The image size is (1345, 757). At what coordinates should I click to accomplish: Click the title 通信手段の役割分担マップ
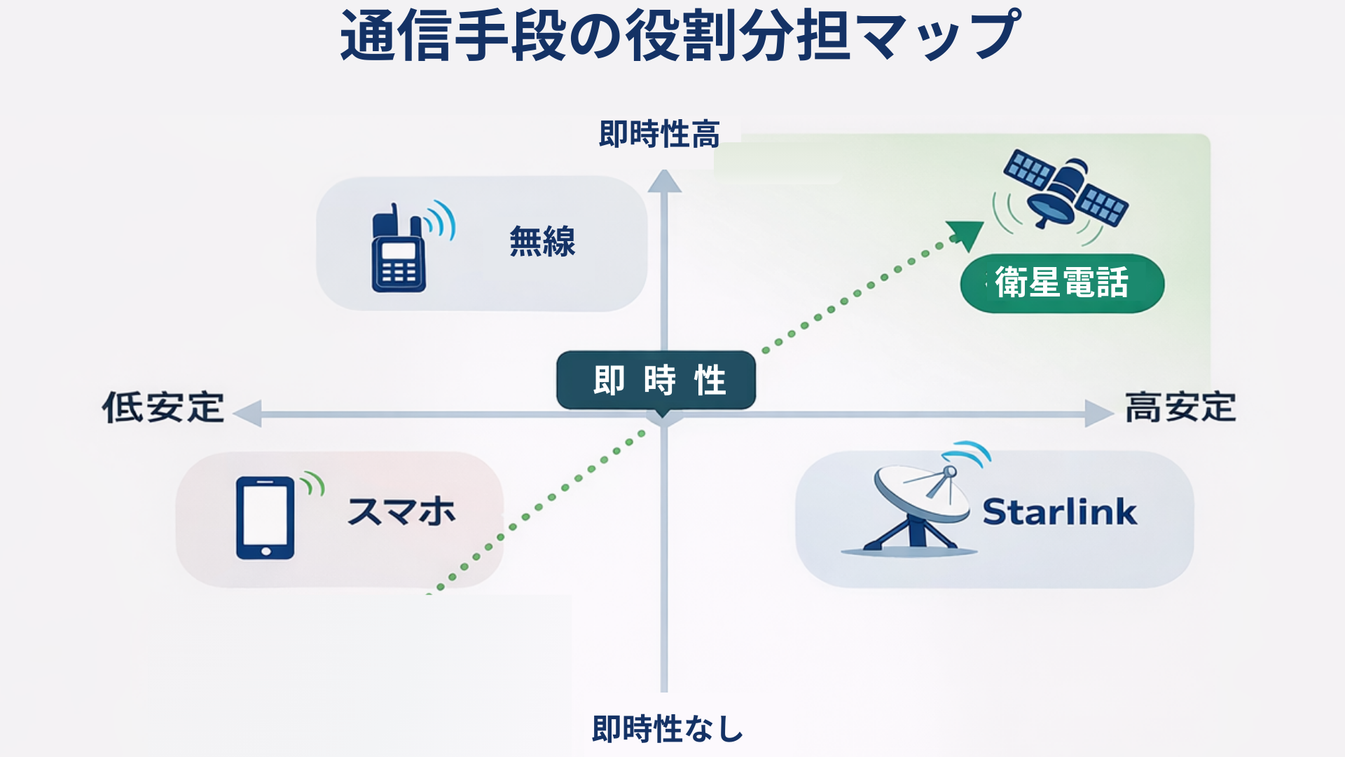tap(680, 35)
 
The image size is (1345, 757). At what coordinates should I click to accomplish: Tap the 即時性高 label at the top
tap(659, 134)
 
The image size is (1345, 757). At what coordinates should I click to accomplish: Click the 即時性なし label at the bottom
tap(667, 729)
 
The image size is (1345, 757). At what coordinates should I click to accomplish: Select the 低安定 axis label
tap(163, 407)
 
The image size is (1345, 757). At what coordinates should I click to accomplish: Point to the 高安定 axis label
tap(1180, 407)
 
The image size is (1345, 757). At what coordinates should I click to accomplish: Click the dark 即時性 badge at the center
tap(656, 381)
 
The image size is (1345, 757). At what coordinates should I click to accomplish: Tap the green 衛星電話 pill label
tap(1062, 283)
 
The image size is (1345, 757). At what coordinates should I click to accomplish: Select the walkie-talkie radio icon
tap(398, 248)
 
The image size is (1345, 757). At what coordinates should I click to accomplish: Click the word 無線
tap(542, 242)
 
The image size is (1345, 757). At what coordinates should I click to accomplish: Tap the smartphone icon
tap(265, 518)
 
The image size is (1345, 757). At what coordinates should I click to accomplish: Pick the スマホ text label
tap(401, 512)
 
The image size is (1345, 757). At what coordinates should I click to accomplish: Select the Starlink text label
tap(1060, 512)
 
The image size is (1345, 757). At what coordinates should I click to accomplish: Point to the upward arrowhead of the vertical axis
tap(664, 181)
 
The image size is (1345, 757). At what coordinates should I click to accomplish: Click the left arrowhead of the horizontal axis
tap(247, 414)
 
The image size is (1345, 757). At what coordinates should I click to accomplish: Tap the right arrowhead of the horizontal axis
tap(1099, 414)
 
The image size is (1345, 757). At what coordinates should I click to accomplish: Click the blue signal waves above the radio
tap(441, 220)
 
